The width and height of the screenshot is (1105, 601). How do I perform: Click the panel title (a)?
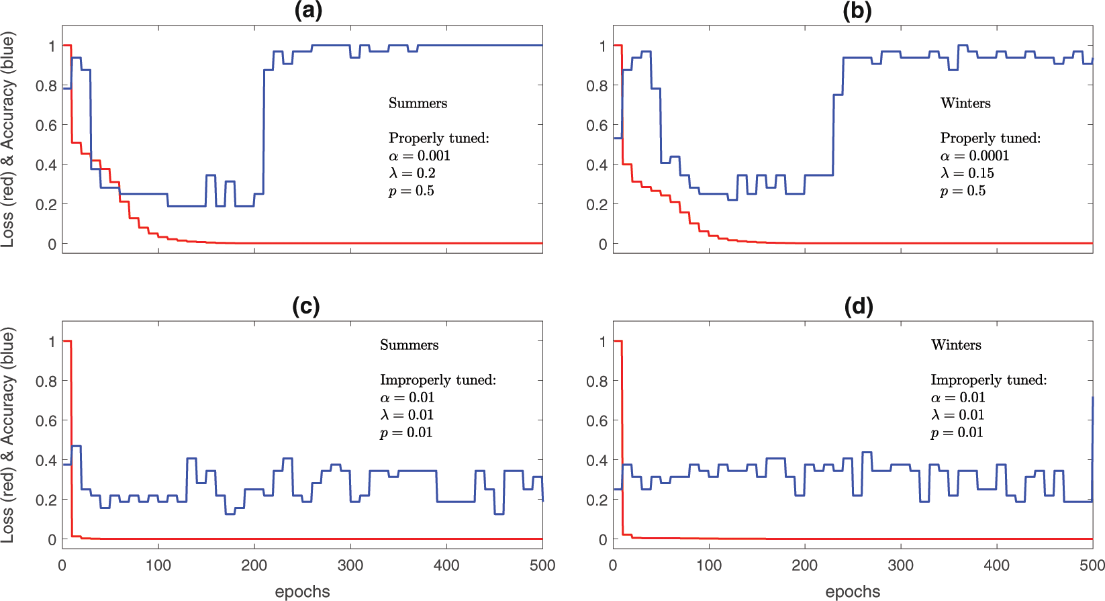coord(307,11)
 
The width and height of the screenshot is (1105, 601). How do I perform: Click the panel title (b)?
coord(857,11)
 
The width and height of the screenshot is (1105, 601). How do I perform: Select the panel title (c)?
coord(305,306)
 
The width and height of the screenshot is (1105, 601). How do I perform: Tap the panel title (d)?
coord(858,306)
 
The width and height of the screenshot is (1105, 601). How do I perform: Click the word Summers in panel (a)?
coord(418,103)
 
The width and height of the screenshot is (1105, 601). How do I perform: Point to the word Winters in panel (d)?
coord(956,345)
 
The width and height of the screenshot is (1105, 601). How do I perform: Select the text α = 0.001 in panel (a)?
coord(420,156)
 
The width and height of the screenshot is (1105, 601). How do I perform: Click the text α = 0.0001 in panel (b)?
coord(974,156)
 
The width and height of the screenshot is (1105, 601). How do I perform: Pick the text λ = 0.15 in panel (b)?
coord(967,173)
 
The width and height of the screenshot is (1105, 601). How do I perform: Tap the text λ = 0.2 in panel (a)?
coord(412,173)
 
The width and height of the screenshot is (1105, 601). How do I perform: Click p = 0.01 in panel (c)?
coord(406,432)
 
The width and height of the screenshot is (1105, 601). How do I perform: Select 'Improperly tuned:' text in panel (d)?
coord(988,380)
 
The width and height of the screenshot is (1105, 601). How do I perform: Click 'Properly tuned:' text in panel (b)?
coord(990,138)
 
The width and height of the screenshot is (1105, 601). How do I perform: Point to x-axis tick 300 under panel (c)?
coord(350,565)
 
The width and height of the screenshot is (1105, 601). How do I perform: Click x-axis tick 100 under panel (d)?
coord(709,565)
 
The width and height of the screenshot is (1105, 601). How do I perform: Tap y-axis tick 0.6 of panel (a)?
coord(46,126)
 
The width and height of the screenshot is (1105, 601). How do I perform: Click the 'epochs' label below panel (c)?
coord(302,592)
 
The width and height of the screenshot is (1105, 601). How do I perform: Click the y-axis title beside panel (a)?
coord(8,141)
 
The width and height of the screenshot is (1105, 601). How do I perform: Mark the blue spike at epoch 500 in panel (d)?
coord(1092,436)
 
